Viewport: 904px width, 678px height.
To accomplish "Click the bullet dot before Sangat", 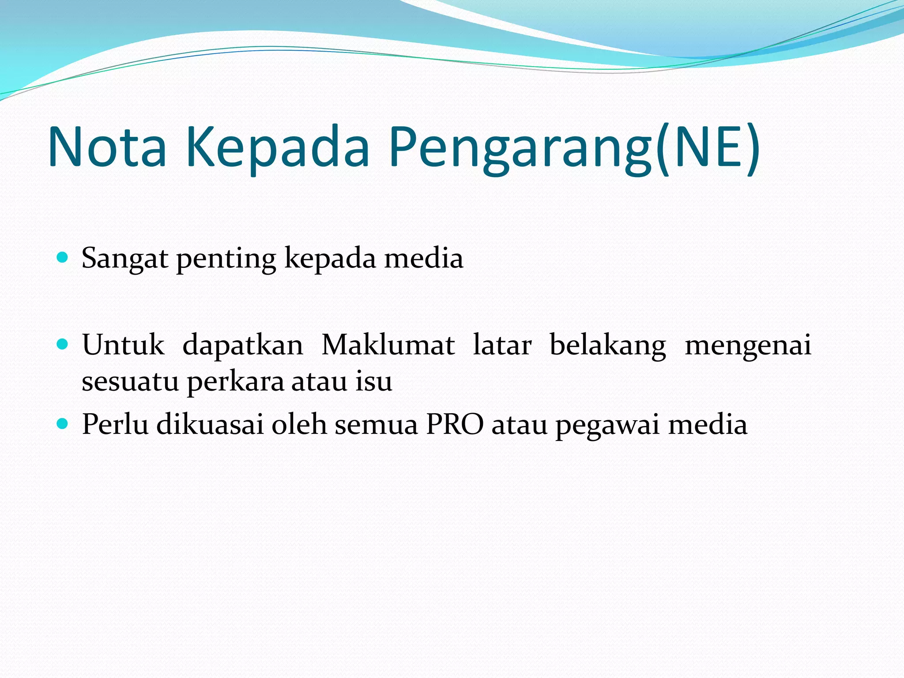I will [63, 257].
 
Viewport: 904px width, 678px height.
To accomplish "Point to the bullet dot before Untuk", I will [63, 344].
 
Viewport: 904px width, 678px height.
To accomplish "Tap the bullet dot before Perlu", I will [63, 424].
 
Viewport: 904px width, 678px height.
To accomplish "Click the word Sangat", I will [124, 258].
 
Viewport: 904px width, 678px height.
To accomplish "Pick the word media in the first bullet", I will [424, 258].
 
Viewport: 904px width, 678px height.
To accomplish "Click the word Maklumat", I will [388, 345].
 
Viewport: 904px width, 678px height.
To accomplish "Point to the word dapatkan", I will [243, 345].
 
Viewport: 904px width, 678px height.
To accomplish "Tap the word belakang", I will [608, 345].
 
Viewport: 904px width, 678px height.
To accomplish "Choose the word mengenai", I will [748, 345].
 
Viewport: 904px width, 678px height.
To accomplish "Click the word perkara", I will [236, 381].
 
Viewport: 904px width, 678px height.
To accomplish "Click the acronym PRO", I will [455, 425].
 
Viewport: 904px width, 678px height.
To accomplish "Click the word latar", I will [502, 345].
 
